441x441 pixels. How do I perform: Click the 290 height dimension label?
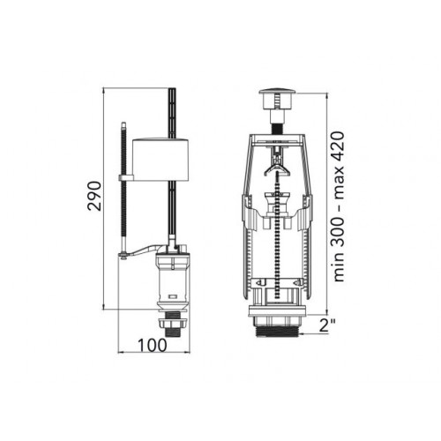94,196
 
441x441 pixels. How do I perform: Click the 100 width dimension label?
153,345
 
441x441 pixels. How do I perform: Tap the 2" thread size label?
328,325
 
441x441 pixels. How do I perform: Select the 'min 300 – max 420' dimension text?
339,206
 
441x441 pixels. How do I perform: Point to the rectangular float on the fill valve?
161,159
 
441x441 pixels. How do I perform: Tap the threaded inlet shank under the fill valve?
172,333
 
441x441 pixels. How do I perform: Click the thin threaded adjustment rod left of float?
124,187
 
